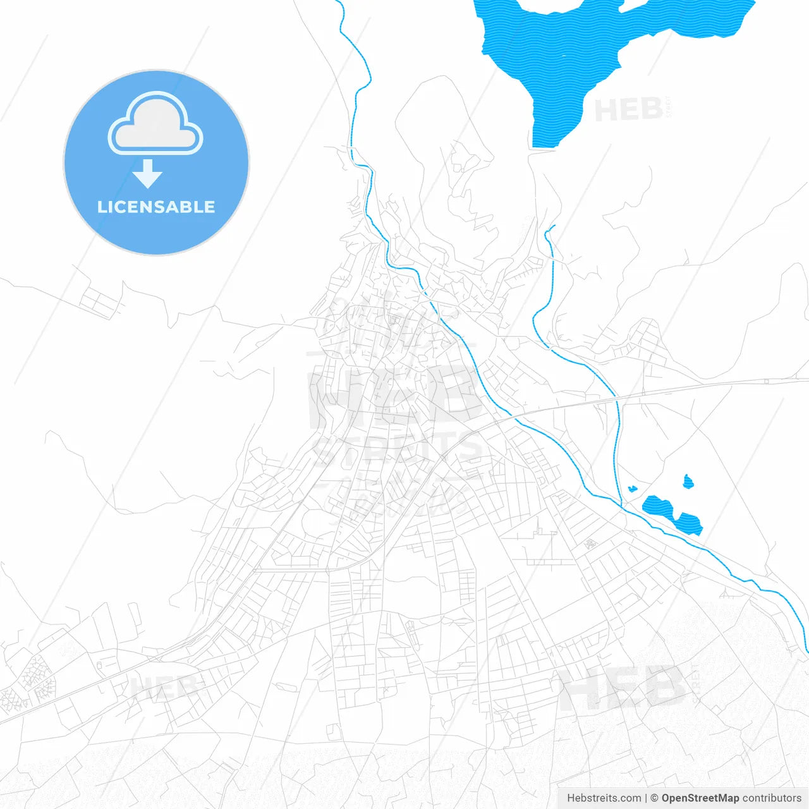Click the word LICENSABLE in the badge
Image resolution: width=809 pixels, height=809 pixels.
pyautogui.click(x=156, y=207)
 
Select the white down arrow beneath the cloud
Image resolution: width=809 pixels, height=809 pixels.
pyautogui.click(x=148, y=174)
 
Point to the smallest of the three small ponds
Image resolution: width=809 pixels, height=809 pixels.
pyautogui.click(x=631, y=489)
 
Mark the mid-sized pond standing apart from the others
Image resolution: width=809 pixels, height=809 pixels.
pyautogui.click(x=688, y=482)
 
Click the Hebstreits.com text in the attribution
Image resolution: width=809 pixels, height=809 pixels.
pyautogui.click(x=604, y=798)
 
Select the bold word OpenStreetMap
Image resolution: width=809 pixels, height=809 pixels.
pyautogui.click(x=700, y=798)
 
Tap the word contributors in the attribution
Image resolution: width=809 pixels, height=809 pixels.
pyautogui.click(x=772, y=798)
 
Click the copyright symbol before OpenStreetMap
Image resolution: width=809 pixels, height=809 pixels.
pyautogui.click(x=655, y=798)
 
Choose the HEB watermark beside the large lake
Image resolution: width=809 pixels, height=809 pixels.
pyautogui.click(x=629, y=111)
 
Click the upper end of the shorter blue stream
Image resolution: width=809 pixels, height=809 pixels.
pyautogui.click(x=554, y=226)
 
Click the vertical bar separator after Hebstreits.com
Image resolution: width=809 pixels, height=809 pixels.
pyautogui.click(x=646, y=798)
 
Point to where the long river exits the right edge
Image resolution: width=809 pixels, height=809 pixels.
pyautogui.click(x=807, y=651)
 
